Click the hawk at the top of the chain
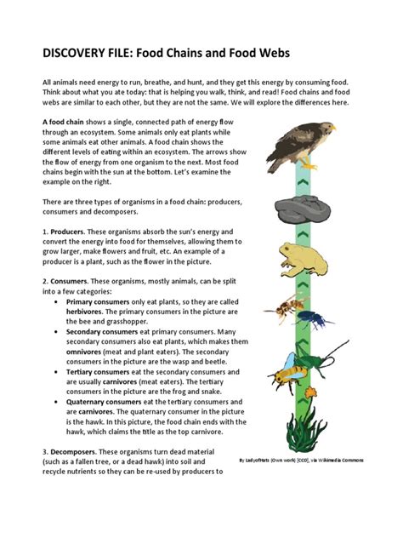pyautogui.click(x=298, y=141)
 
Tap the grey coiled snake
pyautogui.click(x=300, y=208)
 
